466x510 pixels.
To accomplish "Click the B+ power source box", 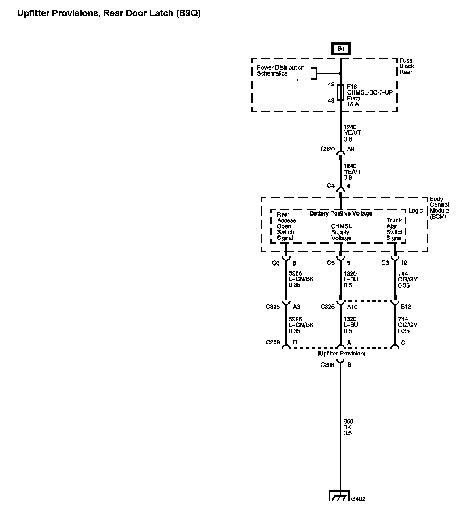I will [340, 49].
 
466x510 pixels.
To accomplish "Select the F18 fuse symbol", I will [340, 92].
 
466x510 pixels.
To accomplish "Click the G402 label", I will [358, 499].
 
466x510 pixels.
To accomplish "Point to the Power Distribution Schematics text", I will [280, 70].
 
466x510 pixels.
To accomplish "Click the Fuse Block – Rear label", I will [409, 66].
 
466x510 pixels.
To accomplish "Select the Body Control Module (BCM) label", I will [439, 208].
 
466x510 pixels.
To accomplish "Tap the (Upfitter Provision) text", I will [341, 354].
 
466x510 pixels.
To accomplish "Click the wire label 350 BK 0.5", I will [348, 427].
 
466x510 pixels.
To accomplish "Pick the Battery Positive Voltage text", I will [340, 213].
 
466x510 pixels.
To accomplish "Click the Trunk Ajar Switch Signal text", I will [394, 229].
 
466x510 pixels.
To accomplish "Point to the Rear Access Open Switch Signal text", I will [286, 226].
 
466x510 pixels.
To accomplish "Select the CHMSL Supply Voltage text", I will [341, 232].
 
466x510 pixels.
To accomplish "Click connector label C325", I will [273, 307].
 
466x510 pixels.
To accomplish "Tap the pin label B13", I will [406, 307].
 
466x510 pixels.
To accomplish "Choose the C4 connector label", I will [331, 186].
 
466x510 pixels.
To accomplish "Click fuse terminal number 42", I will [331, 84].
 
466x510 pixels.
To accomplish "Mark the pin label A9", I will [351, 149].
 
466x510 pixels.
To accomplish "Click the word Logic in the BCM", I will [415, 211].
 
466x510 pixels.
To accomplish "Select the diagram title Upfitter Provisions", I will [109, 14].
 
